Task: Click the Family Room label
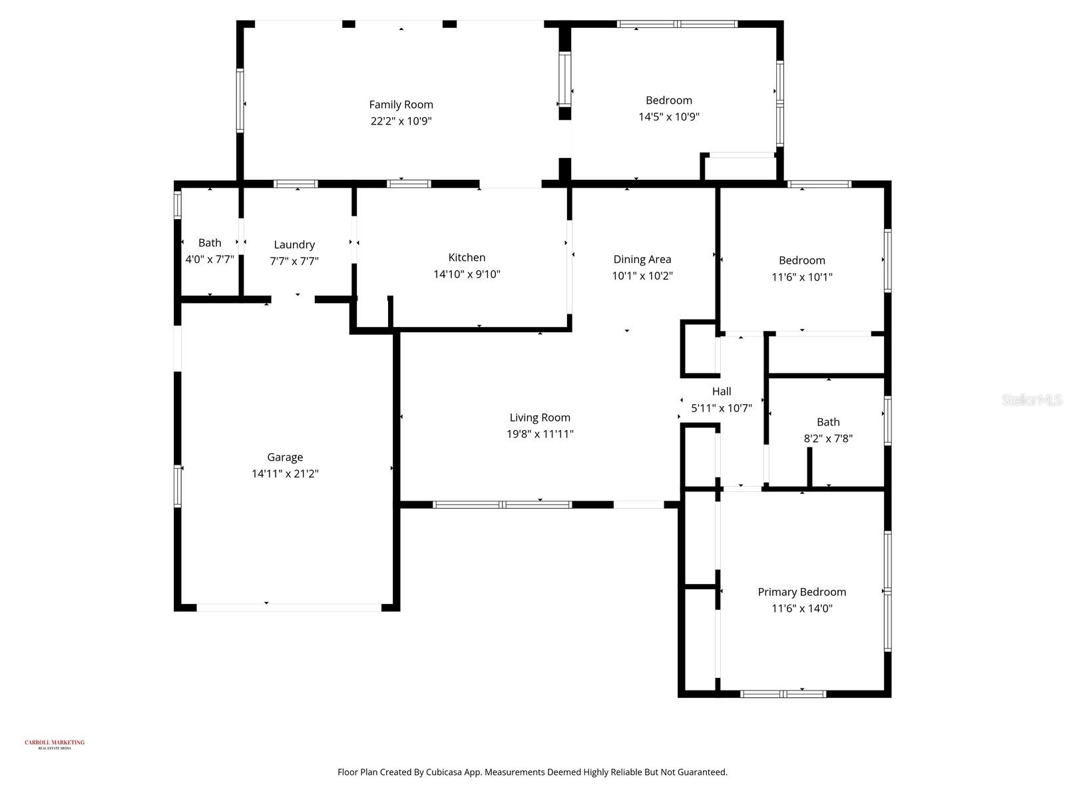pyautogui.click(x=401, y=105)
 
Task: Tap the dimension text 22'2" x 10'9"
pyautogui.click(x=401, y=121)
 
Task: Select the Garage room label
pyautogui.click(x=285, y=457)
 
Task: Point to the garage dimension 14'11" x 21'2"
pyautogui.click(x=285, y=474)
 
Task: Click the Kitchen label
pyautogui.click(x=467, y=258)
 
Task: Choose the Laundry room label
pyautogui.click(x=294, y=244)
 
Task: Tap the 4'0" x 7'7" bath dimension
pyautogui.click(x=210, y=260)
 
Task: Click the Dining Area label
pyautogui.click(x=642, y=259)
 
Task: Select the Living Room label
pyautogui.click(x=540, y=417)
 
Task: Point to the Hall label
pyautogui.click(x=722, y=392)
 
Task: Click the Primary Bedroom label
pyautogui.click(x=801, y=592)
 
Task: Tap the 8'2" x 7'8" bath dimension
pyautogui.click(x=828, y=439)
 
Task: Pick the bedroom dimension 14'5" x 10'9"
pyautogui.click(x=668, y=117)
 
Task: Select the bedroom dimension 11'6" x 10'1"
pyautogui.click(x=801, y=277)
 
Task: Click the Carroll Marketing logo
pyautogui.click(x=55, y=744)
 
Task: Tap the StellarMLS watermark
pyautogui.click(x=1032, y=400)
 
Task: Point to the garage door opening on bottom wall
pyautogui.click(x=289, y=607)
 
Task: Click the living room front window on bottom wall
pyautogui.click(x=502, y=505)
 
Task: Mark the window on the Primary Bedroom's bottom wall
pyautogui.click(x=783, y=694)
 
